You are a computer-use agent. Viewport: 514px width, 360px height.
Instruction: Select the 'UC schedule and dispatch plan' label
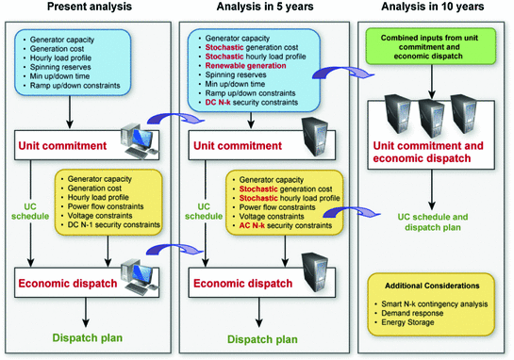pyautogui.click(x=432, y=221)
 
